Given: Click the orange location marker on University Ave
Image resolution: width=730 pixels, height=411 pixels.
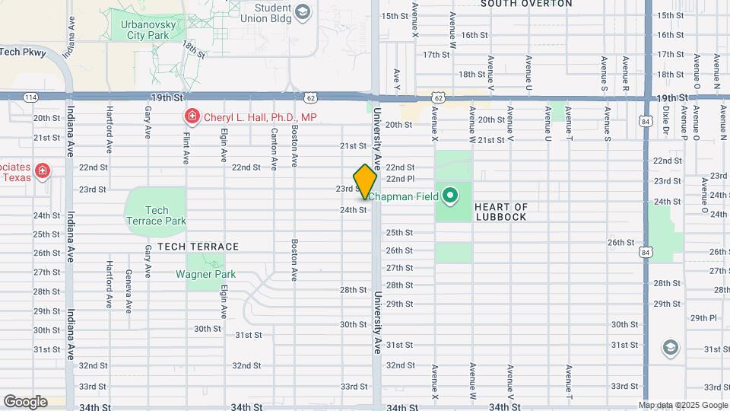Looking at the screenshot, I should pos(366,182).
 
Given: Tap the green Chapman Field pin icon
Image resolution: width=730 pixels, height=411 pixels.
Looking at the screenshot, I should pos(450,196).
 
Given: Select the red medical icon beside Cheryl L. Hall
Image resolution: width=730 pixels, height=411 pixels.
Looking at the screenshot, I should pos(192,117).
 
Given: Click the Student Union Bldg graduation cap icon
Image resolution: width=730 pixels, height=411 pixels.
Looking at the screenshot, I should pos(303,11).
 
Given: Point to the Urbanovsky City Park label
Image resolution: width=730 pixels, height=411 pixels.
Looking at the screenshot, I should pos(148,30).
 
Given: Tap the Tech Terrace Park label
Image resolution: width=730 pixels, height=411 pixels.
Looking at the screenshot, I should pos(155,215).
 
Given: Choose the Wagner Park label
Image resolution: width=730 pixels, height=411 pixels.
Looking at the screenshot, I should pos(206,274).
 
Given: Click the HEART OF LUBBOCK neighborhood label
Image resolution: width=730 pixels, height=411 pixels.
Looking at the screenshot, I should pos(500,212).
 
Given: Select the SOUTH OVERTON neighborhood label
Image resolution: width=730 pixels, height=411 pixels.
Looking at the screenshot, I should pos(526,4).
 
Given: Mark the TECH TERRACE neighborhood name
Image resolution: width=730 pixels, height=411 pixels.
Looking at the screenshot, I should pos(198,247).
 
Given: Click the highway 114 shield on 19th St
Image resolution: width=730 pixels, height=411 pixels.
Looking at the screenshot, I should pos(30,97).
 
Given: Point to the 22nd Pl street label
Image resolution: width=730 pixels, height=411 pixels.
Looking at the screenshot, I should pos(400,178).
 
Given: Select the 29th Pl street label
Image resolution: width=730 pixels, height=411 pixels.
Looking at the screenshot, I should pos(703,318).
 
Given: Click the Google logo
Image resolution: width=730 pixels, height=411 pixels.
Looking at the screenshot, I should pos(25,401).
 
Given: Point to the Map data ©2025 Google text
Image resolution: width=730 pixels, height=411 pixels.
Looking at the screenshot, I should pos(683,405).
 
